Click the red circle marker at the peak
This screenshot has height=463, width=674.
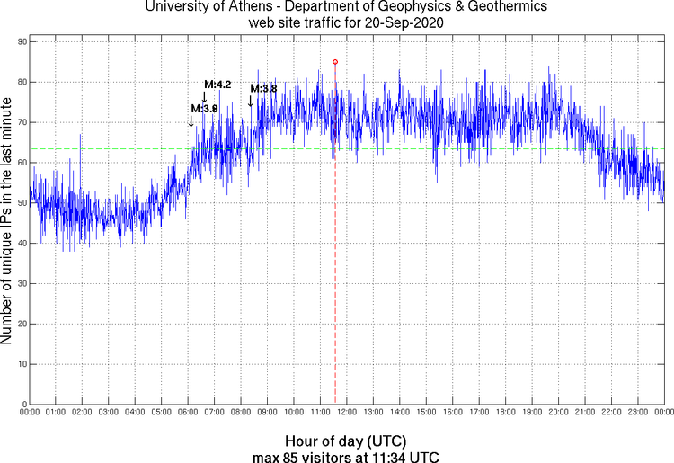tap(335, 62)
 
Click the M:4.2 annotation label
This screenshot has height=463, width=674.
tap(217, 85)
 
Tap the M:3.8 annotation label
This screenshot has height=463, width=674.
tap(263, 88)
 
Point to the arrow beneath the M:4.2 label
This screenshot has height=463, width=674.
tap(204, 96)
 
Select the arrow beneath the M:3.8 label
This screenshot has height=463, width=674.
tap(250, 101)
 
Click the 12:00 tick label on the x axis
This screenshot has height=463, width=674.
tap(346, 413)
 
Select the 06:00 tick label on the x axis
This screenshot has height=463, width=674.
tap(187, 413)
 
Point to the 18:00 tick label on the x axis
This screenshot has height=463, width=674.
tap(505, 413)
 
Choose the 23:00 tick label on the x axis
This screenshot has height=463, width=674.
tap(637, 413)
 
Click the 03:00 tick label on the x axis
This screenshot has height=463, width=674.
tap(108, 413)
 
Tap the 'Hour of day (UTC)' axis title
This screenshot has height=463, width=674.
tap(346, 441)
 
